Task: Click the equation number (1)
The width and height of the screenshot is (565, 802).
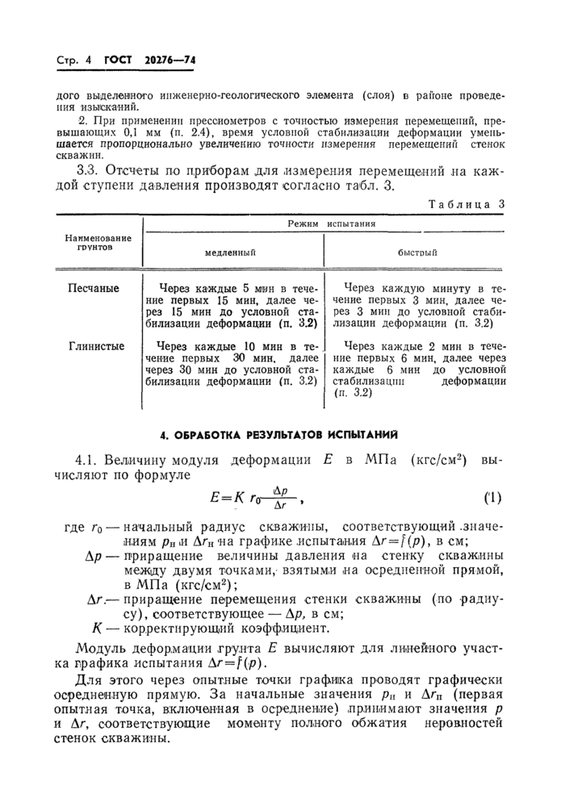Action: point(492,497)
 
